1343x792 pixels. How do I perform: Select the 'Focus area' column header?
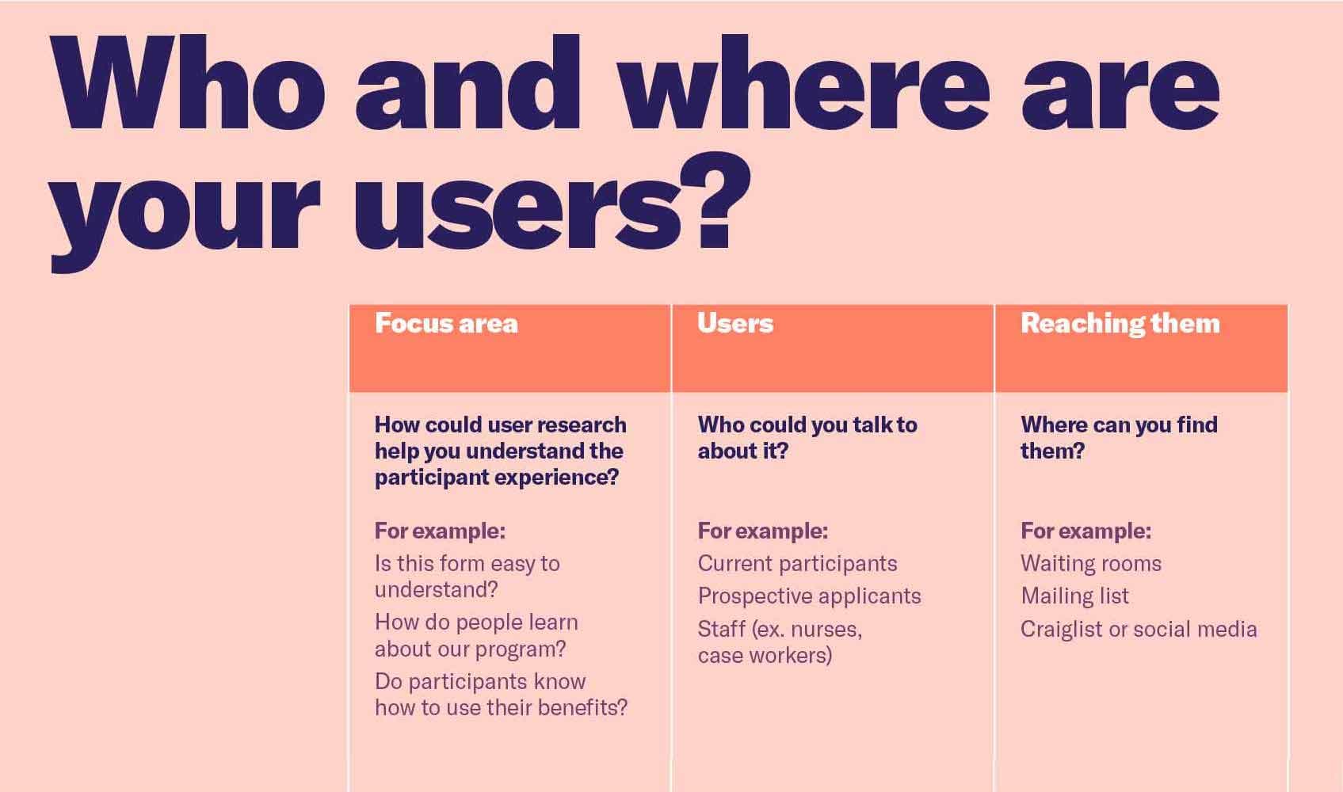click(x=446, y=323)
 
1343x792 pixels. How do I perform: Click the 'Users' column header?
click(x=735, y=323)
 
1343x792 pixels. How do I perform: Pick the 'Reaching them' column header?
click(x=1120, y=323)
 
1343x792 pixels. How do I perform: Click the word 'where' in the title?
click(x=803, y=82)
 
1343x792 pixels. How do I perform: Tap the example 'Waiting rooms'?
click(x=1091, y=564)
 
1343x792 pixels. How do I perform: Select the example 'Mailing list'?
click(x=1074, y=596)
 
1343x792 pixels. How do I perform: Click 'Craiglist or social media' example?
click(x=1139, y=630)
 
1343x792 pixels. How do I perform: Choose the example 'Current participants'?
click(x=797, y=564)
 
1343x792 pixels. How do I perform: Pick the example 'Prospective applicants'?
click(x=810, y=596)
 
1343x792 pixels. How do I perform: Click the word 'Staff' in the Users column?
click(x=722, y=629)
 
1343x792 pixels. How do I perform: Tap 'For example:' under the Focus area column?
click(x=440, y=531)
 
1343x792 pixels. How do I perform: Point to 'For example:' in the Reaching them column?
click(x=1085, y=531)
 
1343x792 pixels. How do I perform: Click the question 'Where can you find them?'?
click(x=1119, y=438)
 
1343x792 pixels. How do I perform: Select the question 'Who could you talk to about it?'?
click(x=807, y=438)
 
